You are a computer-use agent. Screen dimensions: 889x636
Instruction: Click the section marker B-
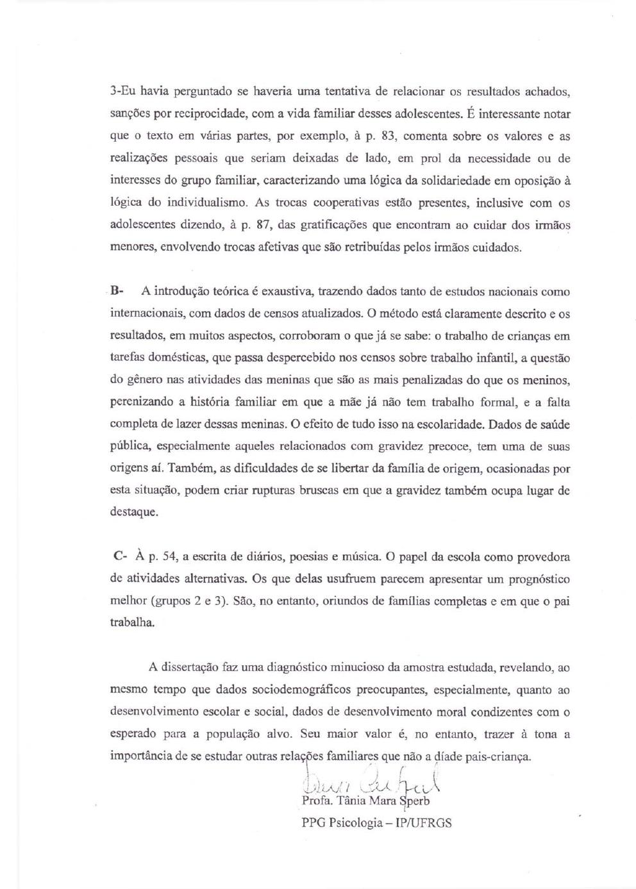[117, 291]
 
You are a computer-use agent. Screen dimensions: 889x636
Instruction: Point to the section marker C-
[119, 556]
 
